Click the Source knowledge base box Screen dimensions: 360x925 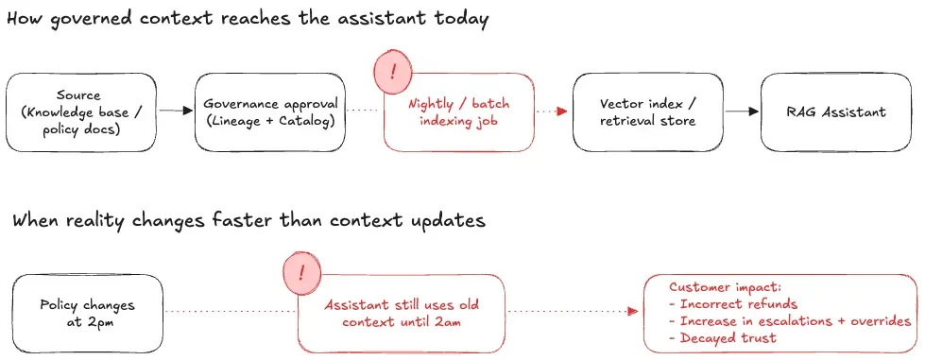(81, 111)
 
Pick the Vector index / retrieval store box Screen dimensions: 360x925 (647, 111)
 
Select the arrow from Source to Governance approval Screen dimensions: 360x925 (176, 111)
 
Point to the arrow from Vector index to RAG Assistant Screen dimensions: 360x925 (742, 111)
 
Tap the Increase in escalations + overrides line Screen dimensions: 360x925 (790, 320)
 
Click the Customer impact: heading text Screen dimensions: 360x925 (717, 286)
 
